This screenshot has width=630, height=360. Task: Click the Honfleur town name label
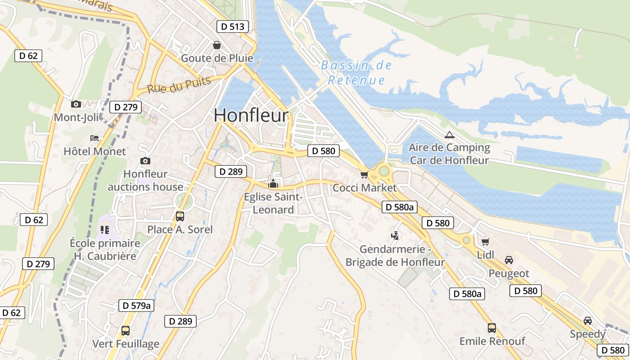coord(251,115)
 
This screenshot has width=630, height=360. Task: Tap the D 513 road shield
coord(233,27)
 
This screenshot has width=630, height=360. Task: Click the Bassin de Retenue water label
coord(356,73)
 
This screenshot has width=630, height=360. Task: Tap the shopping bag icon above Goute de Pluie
coord(217,45)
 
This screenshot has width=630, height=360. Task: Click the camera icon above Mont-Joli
coord(76,104)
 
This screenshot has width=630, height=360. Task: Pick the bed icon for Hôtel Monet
coord(94,138)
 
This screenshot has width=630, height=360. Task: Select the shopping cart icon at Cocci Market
coord(364,175)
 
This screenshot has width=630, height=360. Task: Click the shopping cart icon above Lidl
coord(485,242)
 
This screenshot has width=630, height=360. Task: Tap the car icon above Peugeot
coord(509,260)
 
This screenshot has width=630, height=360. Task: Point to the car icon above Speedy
coord(587,321)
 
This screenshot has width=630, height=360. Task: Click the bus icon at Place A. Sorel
coord(180,216)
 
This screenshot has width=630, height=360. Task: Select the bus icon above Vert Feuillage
coord(126,331)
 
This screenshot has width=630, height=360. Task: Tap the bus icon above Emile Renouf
coord(492,328)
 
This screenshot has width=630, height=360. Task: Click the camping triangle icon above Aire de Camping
coord(449,135)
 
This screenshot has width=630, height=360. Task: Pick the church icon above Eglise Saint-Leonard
coord(273,184)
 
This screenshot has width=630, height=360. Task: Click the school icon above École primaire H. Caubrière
coord(105,230)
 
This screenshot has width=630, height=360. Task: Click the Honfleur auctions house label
coord(145,180)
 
